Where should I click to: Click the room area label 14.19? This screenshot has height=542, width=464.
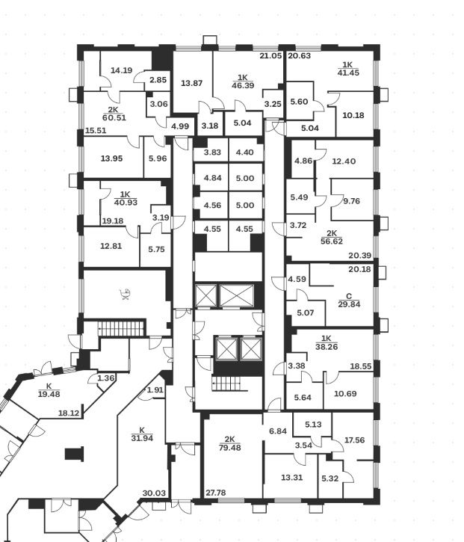[121, 71]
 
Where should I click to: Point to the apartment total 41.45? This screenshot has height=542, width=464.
[347, 73]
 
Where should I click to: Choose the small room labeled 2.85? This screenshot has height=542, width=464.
[158, 80]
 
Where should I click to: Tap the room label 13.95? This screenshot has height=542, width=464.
[111, 158]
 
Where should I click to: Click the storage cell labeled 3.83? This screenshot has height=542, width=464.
[214, 153]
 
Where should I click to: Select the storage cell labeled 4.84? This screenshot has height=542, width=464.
[214, 179]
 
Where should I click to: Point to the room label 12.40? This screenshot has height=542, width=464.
[344, 161]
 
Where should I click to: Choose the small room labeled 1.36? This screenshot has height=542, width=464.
[106, 378]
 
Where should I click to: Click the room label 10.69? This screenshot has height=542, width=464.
[344, 394]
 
